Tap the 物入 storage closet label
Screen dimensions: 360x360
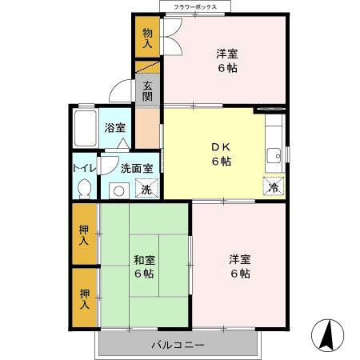pos(146,38)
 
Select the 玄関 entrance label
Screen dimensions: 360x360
pos(147,91)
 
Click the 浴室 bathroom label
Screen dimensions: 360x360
pos(114,127)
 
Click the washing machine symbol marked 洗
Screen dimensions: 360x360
pos(146,190)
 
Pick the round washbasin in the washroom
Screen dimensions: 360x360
pos(118,190)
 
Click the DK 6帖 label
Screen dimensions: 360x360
pos(221,154)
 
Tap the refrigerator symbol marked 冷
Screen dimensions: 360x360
pos(272,187)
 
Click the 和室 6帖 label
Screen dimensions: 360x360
pos(144,266)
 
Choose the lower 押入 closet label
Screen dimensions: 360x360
pos(83,299)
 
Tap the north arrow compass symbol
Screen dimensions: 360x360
pos(328,334)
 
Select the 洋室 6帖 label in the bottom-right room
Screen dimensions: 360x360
pos(239,266)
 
